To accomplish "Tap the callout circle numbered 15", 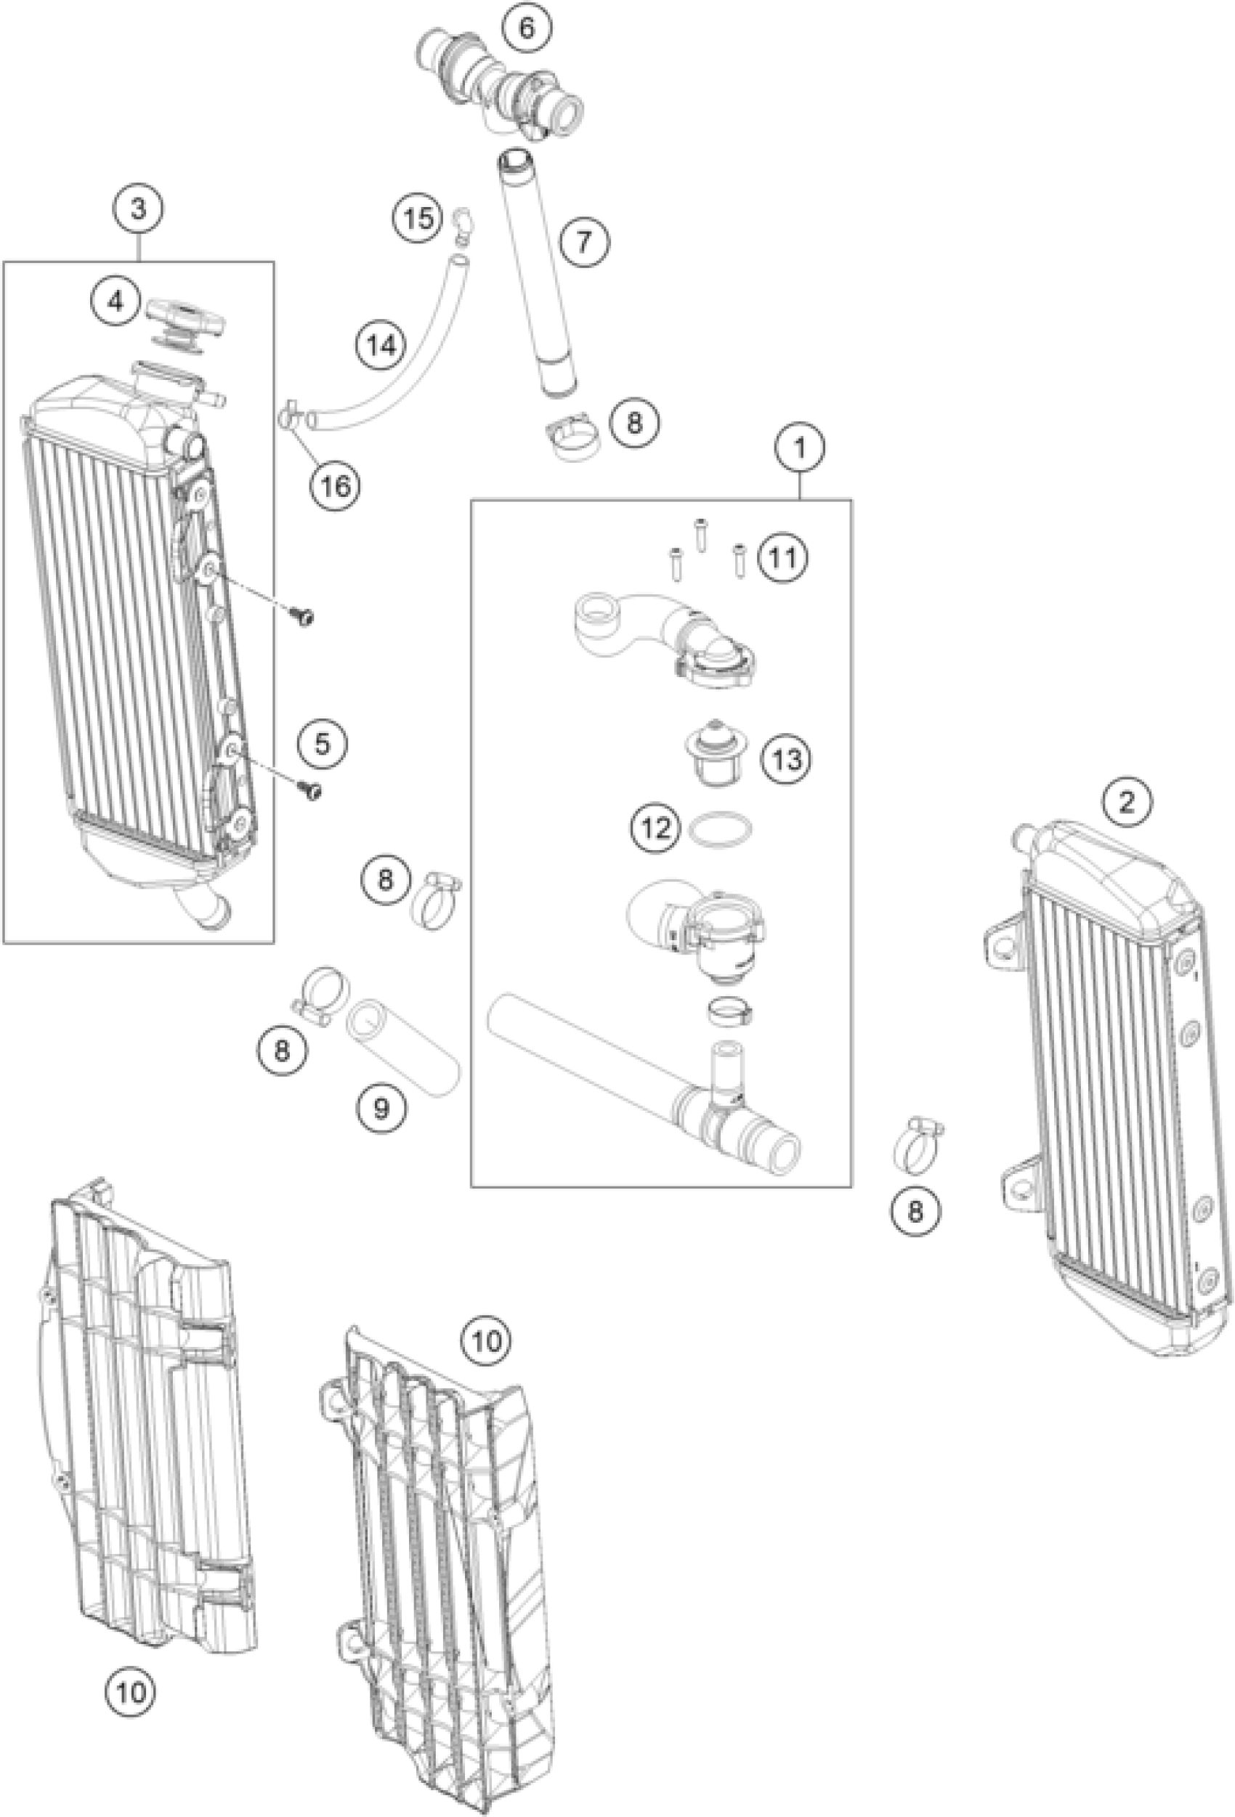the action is point(418,217).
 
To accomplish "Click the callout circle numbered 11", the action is point(783,557).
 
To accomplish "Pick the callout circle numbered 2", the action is point(1126,802).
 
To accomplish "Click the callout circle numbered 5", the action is point(323,742).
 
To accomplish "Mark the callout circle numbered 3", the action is point(138,209).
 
